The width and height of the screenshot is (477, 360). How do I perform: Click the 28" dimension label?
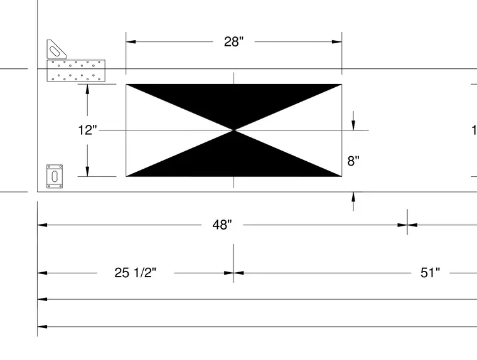tap(233, 41)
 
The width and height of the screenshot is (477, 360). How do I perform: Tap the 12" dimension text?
tap(88, 130)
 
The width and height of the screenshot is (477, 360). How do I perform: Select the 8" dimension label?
tap(353, 161)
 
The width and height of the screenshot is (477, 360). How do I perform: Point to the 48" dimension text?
tap(222, 225)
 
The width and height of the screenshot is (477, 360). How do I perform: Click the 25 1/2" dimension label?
tap(136, 273)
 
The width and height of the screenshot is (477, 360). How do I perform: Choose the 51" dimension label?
tap(430, 273)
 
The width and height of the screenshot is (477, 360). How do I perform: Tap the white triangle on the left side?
tap(161, 130)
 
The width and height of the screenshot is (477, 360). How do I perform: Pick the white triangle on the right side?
tap(306, 130)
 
